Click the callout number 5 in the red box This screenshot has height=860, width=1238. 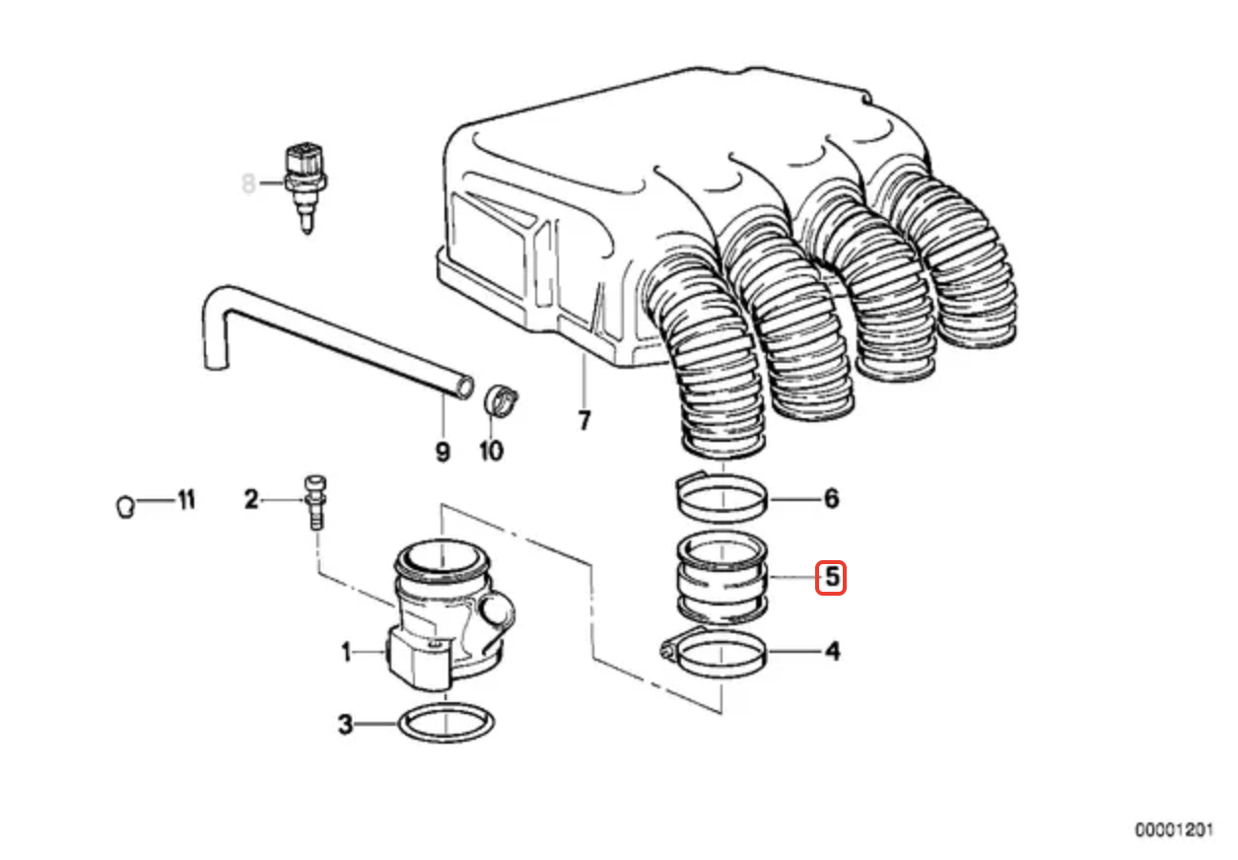[832, 577]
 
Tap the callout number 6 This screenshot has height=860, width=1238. [831, 499]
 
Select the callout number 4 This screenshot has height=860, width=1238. [833, 652]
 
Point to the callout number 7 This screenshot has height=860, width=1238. [584, 422]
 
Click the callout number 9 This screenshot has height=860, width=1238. [442, 452]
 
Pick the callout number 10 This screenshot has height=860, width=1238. [491, 452]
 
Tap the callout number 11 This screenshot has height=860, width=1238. [185, 500]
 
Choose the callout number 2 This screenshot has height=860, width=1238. [251, 500]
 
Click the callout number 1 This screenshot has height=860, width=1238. [346, 652]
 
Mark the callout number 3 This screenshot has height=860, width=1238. [345, 726]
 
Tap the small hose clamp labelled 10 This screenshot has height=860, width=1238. [500, 400]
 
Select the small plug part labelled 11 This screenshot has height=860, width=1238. [124, 506]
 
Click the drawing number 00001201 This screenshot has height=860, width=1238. [1173, 830]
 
